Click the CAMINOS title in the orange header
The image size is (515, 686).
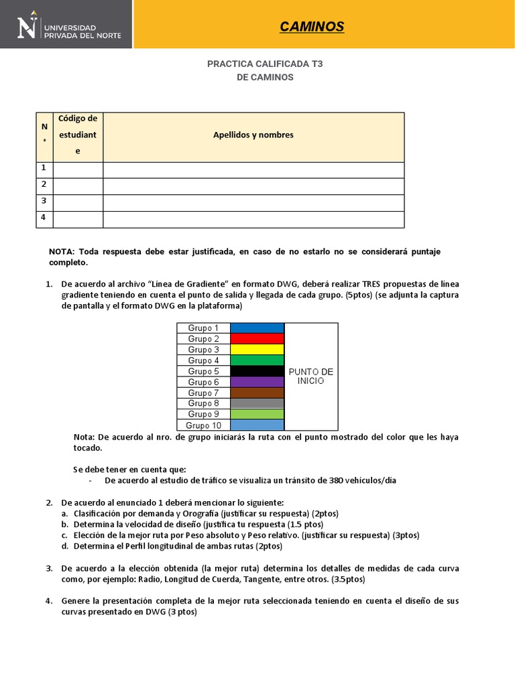[311, 27]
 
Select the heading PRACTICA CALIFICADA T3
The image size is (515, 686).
[265, 64]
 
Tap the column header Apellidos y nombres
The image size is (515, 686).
[253, 135]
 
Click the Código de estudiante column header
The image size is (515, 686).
[78, 135]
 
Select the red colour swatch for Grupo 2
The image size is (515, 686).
[257, 339]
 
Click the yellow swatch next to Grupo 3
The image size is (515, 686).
[257, 350]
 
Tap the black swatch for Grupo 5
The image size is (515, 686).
[257, 371]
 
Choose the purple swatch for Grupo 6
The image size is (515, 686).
[257, 382]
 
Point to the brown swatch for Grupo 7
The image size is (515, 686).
[257, 393]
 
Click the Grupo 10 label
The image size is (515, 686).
[203, 425]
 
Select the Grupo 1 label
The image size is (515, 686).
[203, 328]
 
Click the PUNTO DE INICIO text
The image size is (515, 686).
[310, 376]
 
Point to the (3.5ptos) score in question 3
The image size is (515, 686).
[346, 579]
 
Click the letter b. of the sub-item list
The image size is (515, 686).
[65, 524]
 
